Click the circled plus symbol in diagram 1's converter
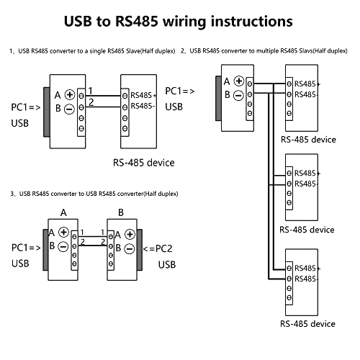(69, 94)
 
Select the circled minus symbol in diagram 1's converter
(69, 110)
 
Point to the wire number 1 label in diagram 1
(90, 90)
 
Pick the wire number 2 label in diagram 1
(90, 104)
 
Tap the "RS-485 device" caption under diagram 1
(143, 162)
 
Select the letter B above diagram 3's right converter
(121, 213)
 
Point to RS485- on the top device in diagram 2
(306, 95)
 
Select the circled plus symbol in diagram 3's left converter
(64, 232)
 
